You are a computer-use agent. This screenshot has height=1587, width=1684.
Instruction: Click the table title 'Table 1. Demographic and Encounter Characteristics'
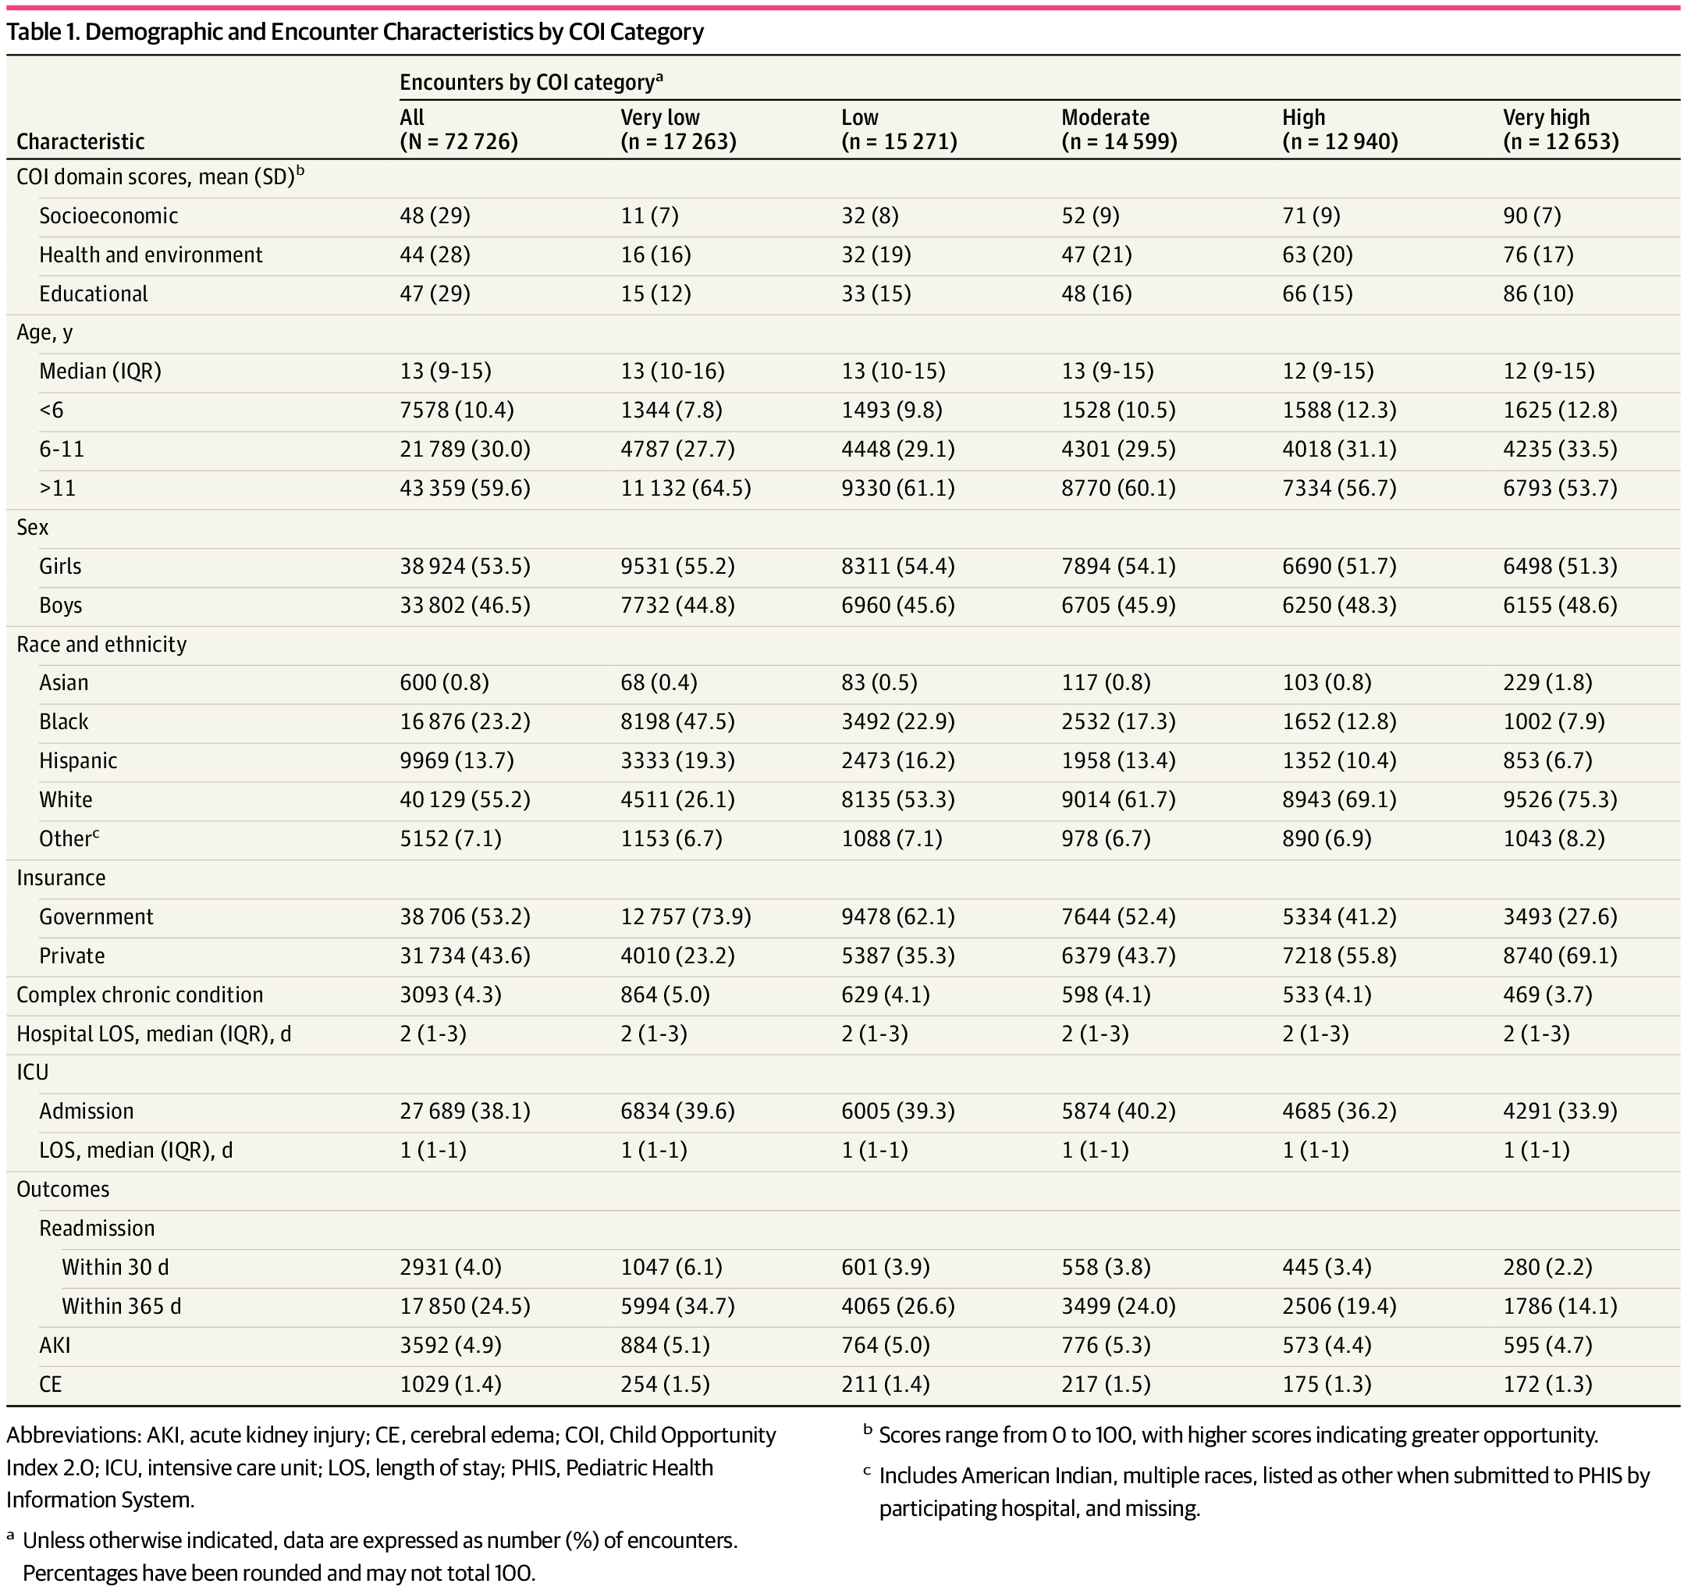pyautogui.click(x=355, y=32)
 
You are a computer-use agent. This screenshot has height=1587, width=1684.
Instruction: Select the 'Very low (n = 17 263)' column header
pyautogui.click(x=677, y=129)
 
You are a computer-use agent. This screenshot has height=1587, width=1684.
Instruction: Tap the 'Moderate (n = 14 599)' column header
pyautogui.click(x=1118, y=129)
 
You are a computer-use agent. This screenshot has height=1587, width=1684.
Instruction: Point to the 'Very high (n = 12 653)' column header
pyautogui.click(x=1561, y=129)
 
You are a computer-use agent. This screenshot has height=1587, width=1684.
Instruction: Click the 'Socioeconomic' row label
pyautogui.click(x=108, y=216)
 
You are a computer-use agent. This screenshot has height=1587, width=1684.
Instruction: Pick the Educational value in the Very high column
pyautogui.click(x=1537, y=294)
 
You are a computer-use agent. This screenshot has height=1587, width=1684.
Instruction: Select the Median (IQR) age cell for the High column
pyautogui.click(x=1327, y=371)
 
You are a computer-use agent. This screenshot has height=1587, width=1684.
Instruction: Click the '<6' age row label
pyautogui.click(x=52, y=410)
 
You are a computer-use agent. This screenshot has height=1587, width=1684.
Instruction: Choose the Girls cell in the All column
pyautogui.click(x=464, y=566)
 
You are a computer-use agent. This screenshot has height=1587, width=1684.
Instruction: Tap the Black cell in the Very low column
pyautogui.click(x=677, y=722)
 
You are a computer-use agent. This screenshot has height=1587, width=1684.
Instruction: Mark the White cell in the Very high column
pyautogui.click(x=1559, y=800)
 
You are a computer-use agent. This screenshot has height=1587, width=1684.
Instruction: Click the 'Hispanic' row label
pyautogui.click(x=78, y=761)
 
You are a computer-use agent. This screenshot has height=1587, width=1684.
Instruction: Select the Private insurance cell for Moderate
pyautogui.click(x=1118, y=955)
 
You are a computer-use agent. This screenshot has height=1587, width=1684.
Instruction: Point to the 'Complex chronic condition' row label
pyautogui.click(x=140, y=995)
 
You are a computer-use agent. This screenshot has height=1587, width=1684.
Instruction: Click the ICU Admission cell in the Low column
pyautogui.click(x=897, y=1112)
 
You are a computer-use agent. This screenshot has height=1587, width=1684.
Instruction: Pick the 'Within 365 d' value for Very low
pyautogui.click(x=677, y=1307)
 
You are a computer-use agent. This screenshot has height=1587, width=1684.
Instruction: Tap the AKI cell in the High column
pyautogui.click(x=1327, y=1346)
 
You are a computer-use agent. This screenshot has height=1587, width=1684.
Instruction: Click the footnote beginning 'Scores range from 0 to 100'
pyautogui.click(x=1238, y=1436)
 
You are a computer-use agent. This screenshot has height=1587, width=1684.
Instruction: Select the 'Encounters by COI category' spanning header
pyautogui.click(x=531, y=82)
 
